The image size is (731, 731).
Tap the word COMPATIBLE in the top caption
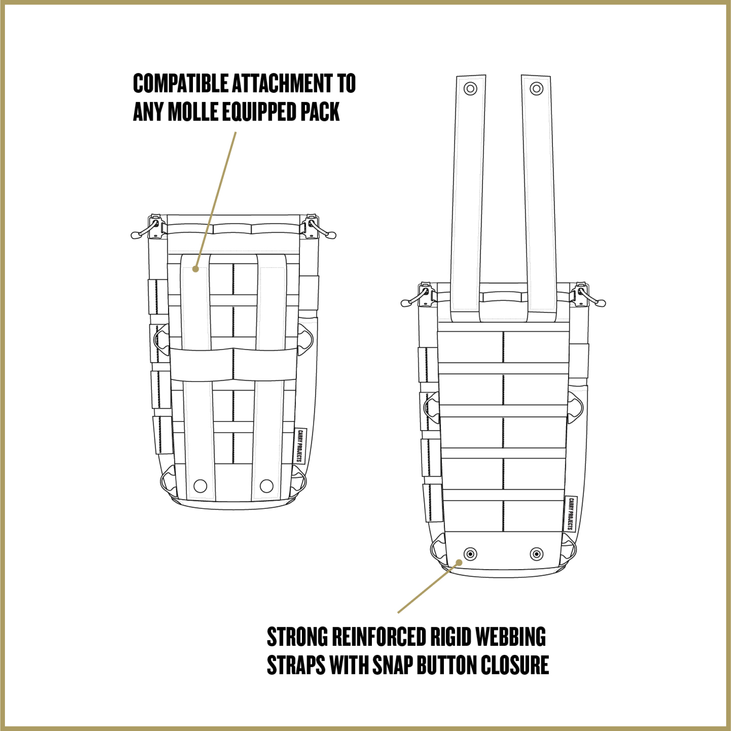181,83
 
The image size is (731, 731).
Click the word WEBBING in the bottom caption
511,637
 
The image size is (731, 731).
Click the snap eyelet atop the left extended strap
470,88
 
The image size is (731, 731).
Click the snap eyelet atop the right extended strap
536,88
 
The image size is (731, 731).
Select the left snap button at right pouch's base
470,554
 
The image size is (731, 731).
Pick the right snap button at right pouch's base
536,554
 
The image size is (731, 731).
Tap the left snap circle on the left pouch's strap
200,486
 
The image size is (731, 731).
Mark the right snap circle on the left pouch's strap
267,486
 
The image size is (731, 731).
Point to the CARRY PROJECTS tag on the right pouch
571,514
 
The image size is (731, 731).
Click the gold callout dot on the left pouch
196,269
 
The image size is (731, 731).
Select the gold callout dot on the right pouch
459,563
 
